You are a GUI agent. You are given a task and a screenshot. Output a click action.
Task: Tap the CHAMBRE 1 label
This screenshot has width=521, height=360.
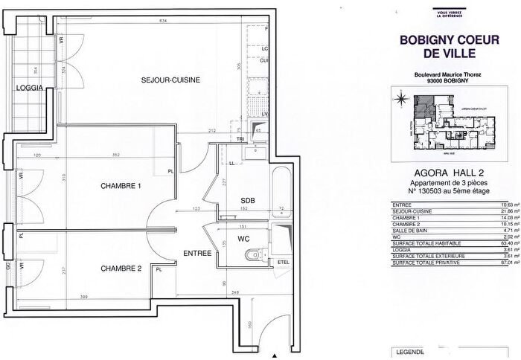[121, 186]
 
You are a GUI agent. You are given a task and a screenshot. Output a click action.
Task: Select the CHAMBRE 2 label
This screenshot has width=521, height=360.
[121, 268]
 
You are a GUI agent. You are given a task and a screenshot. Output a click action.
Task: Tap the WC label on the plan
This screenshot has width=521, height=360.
[243, 239]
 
